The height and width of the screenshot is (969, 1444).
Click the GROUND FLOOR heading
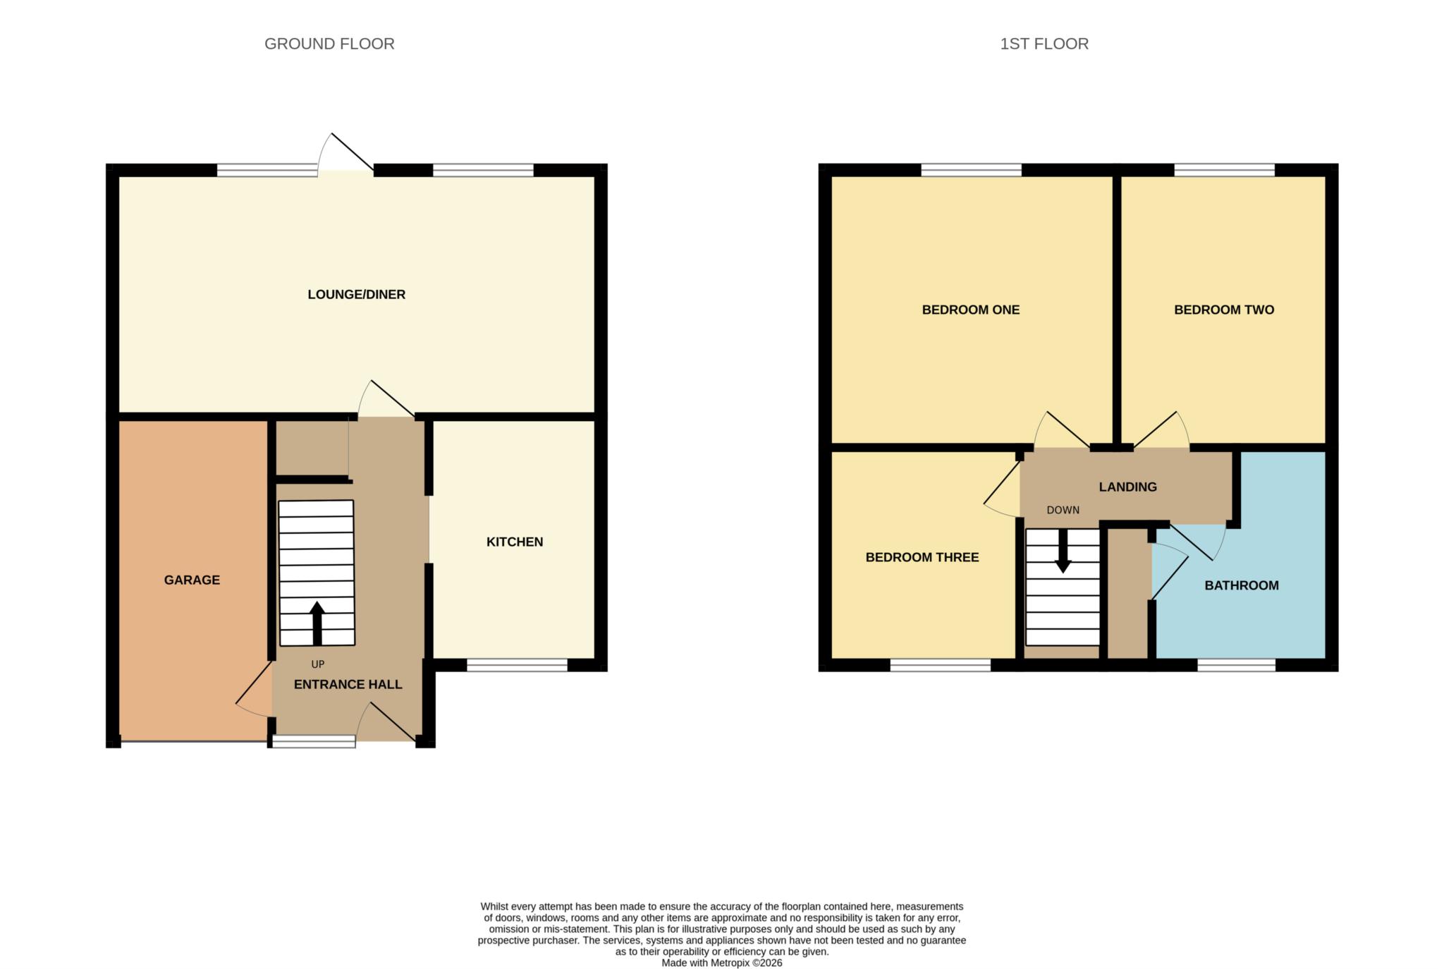(x=329, y=44)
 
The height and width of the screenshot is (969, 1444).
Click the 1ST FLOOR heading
(x=1044, y=44)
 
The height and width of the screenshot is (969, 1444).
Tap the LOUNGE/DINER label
(x=356, y=294)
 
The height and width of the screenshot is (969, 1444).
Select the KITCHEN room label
(x=515, y=542)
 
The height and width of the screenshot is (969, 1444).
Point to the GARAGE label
(x=192, y=580)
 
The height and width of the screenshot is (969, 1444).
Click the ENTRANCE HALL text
(x=348, y=684)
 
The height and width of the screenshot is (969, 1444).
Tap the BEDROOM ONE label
(x=970, y=310)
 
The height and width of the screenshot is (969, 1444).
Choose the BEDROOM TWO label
(x=1223, y=310)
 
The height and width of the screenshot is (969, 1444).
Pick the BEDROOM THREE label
(x=922, y=557)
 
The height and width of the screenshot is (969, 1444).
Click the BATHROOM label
(x=1241, y=585)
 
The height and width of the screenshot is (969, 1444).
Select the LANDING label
(x=1127, y=487)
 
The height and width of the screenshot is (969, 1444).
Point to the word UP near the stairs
(x=318, y=664)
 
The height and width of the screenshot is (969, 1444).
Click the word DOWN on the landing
(x=1063, y=510)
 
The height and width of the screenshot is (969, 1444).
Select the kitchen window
(x=517, y=664)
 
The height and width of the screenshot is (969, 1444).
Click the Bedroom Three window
(x=941, y=664)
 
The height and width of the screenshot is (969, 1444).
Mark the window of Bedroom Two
(x=1224, y=169)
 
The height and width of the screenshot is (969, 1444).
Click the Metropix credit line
(x=721, y=963)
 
